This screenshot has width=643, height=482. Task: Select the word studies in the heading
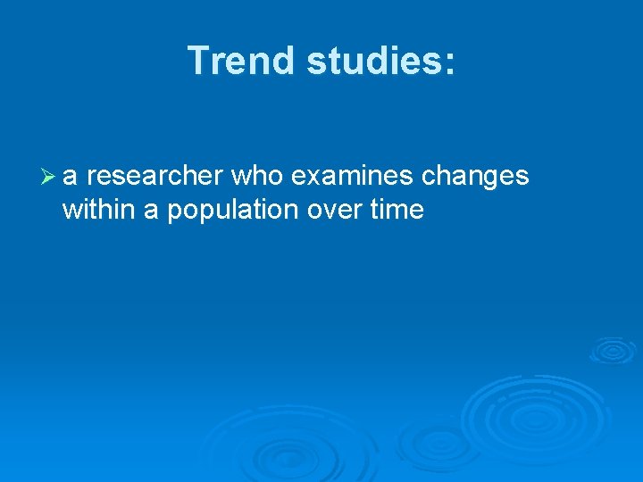coord(373,61)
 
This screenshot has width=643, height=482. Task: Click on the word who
coord(256,177)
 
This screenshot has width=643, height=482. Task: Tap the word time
coord(399,211)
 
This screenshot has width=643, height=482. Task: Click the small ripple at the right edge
coord(613,349)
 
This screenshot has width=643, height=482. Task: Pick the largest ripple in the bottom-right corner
coord(536,416)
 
